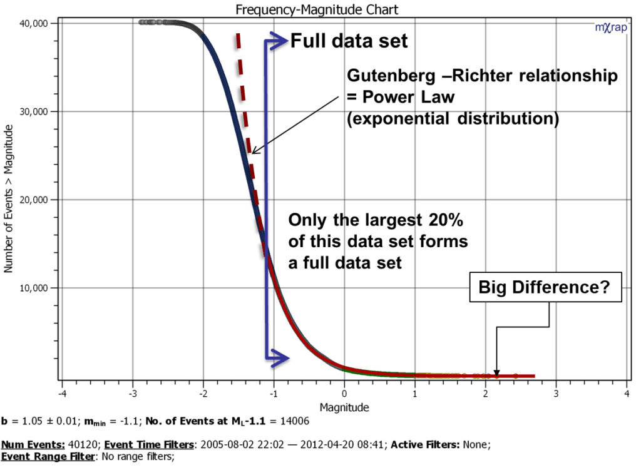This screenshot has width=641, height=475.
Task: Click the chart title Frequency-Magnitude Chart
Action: point(316,9)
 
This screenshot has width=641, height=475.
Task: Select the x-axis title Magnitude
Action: point(344,407)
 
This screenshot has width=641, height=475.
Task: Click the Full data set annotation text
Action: point(349,42)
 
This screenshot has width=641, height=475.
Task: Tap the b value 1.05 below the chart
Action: point(26,422)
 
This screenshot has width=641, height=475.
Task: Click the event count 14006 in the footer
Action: point(294,422)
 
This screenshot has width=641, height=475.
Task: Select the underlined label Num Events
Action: point(33,445)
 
